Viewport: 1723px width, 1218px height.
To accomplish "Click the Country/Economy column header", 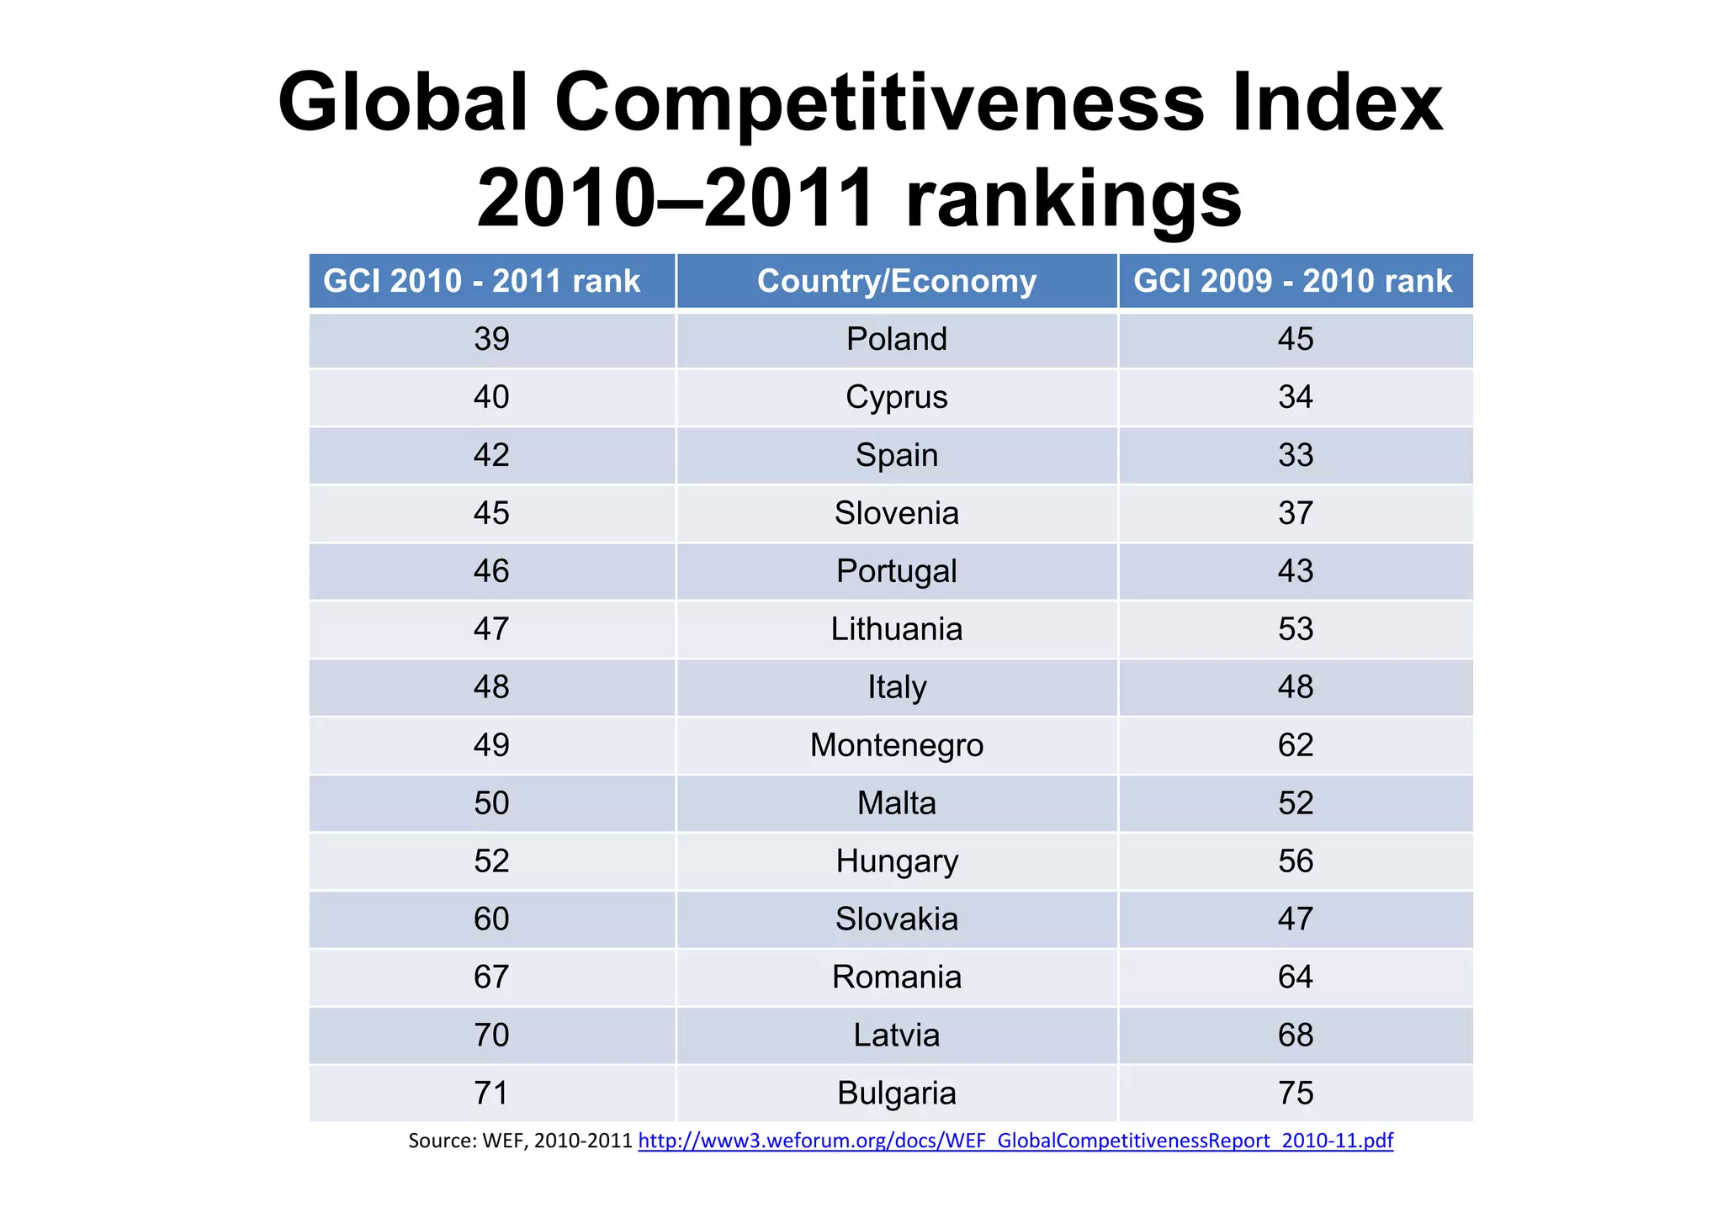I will (896, 281).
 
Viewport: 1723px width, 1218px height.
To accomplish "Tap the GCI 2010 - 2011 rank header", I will (481, 281).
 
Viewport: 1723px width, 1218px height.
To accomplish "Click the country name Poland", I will (896, 339).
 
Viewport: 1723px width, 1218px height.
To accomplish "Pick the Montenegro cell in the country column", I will (896, 745).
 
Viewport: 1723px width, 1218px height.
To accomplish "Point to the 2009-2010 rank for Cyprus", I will (1295, 397).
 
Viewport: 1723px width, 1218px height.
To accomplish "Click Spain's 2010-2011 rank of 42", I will (491, 455).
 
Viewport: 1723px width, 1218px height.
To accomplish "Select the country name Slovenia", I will (896, 513).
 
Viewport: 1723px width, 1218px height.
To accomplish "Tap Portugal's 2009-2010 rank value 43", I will (1295, 571).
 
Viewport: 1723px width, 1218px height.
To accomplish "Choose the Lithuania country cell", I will (896, 629).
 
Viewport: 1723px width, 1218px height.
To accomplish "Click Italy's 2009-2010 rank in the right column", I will (1295, 687).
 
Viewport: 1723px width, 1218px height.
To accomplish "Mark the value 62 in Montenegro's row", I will (1295, 745).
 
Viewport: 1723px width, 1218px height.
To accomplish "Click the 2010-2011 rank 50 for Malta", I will (491, 803).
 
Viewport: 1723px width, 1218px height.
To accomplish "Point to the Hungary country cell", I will (896, 861).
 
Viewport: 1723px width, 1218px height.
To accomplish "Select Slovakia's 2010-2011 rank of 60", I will (491, 919).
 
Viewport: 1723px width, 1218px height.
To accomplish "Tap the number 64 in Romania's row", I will (1295, 977).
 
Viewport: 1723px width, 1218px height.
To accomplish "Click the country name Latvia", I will (896, 1035).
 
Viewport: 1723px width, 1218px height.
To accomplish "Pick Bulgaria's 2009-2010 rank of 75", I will (1295, 1094).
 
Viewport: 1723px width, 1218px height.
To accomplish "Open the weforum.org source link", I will (1015, 1141).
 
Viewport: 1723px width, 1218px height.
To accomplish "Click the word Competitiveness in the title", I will (878, 103).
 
